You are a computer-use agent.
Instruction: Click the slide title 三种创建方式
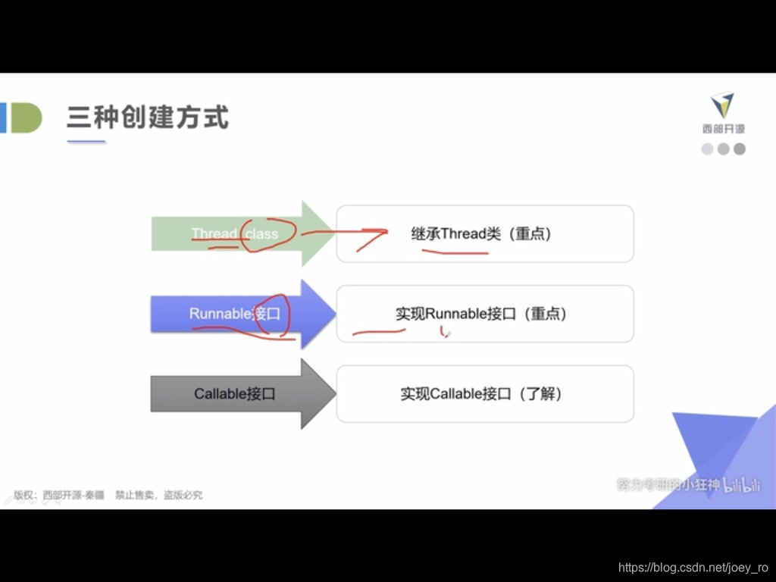(x=147, y=118)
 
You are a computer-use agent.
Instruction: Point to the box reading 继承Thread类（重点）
(x=484, y=233)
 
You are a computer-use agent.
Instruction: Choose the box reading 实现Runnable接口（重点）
(x=484, y=313)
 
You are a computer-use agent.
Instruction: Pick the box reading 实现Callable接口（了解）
(x=484, y=393)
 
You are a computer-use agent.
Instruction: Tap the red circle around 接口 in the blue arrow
(x=272, y=314)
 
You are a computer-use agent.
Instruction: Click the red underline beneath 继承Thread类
(x=455, y=251)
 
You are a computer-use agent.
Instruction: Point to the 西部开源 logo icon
(x=722, y=106)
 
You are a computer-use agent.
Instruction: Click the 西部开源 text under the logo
(x=723, y=130)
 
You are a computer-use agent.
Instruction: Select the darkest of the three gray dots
(x=740, y=149)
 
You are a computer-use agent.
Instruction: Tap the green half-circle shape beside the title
(x=26, y=118)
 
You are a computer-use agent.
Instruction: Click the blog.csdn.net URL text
(x=693, y=567)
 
